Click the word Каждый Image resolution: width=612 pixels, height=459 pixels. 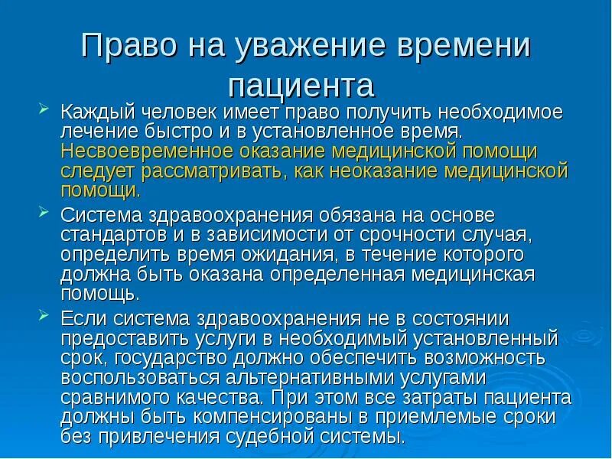[x=94, y=112]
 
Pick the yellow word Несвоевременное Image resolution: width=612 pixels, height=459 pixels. [x=144, y=151]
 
